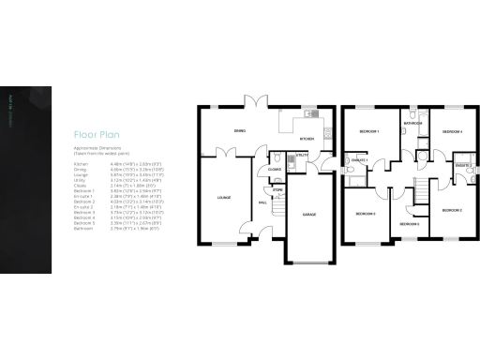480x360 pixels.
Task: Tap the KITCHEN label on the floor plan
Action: tap(304, 141)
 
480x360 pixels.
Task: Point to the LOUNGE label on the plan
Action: tap(224, 198)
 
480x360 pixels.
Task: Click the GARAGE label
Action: tap(308, 214)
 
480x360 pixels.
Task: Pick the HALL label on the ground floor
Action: tap(262, 201)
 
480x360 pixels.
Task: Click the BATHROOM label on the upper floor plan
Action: tap(412, 123)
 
